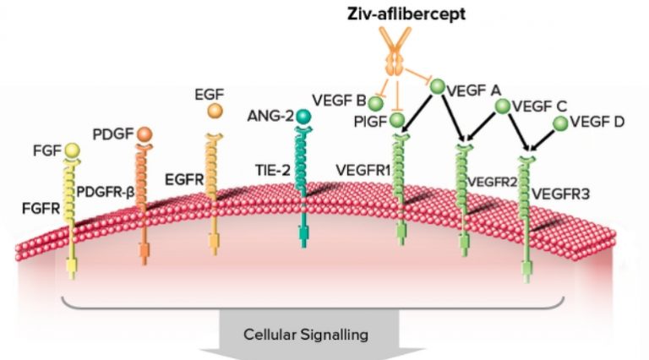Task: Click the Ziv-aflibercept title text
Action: tap(406, 14)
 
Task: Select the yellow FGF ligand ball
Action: tap(72, 150)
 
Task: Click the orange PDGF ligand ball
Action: tap(144, 135)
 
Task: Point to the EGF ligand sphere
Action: tap(215, 111)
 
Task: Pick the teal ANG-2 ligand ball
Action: tap(303, 117)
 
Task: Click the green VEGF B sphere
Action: tap(375, 104)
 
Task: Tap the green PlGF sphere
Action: tap(397, 120)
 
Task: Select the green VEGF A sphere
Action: tap(438, 87)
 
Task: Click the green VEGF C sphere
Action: tap(503, 106)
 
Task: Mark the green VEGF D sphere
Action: tap(560, 123)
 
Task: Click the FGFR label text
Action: tap(41, 209)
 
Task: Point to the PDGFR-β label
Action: tap(106, 193)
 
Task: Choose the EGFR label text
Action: tap(184, 180)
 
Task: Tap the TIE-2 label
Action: tap(273, 170)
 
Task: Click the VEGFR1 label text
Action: tap(363, 171)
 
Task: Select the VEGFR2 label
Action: tap(492, 182)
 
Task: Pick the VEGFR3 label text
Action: tap(560, 194)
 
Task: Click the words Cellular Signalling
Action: tap(306, 335)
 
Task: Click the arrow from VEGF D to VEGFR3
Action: tap(542, 141)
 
